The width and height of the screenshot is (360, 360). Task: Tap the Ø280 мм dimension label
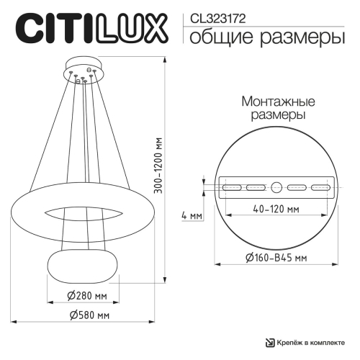83,295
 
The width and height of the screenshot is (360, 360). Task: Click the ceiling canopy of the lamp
84,71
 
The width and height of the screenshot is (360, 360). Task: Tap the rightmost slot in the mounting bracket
319,187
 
